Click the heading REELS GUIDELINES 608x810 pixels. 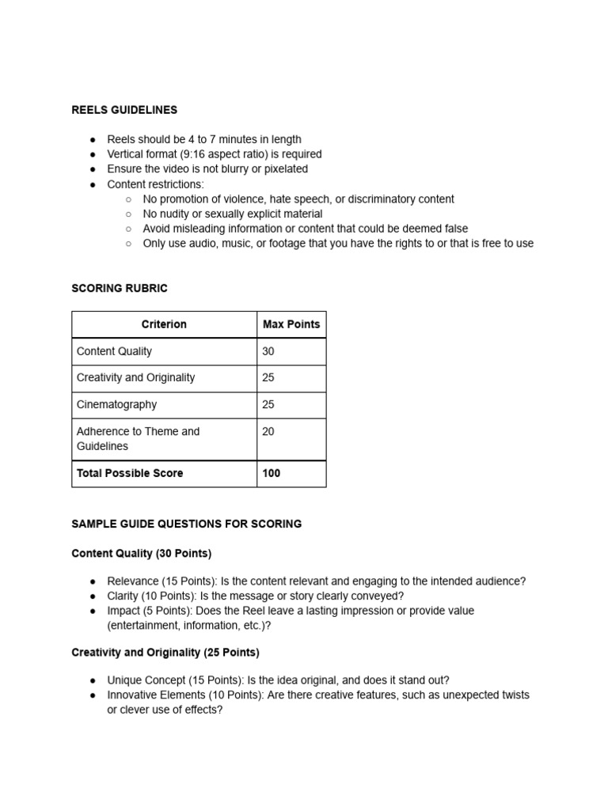pyautogui.click(x=124, y=110)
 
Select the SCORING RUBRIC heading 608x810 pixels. pyautogui.click(x=120, y=289)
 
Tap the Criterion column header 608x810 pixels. pyautogui.click(x=164, y=324)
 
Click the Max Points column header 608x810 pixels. pyautogui.click(x=291, y=324)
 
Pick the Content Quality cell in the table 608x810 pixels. pyautogui.click(x=114, y=351)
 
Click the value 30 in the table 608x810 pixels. pyautogui.click(x=268, y=351)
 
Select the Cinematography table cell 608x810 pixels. pyautogui.click(x=116, y=404)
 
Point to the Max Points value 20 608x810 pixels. pyautogui.click(x=268, y=431)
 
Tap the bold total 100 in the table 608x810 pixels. pyautogui.click(x=271, y=473)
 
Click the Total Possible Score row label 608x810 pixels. pyautogui.click(x=130, y=473)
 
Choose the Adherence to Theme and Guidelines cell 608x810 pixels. pyautogui.click(x=138, y=439)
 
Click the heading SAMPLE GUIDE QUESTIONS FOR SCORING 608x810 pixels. pyautogui.click(x=186, y=524)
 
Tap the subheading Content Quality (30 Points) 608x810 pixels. pyautogui.click(x=142, y=554)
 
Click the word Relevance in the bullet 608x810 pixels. pyautogui.click(x=133, y=581)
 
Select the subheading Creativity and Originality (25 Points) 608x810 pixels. pyautogui.click(x=165, y=653)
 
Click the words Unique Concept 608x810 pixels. pyautogui.click(x=147, y=680)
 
